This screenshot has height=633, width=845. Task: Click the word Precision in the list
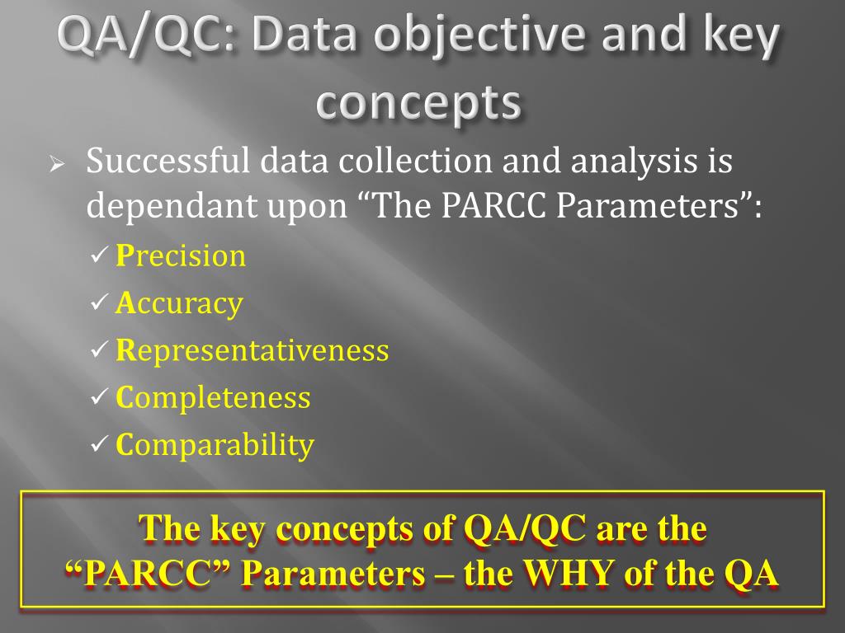tap(181, 256)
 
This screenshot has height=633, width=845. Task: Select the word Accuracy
tap(179, 303)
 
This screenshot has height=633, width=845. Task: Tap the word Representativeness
tap(252, 350)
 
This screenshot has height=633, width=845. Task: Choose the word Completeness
tap(213, 398)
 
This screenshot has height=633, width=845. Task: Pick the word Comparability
tap(215, 446)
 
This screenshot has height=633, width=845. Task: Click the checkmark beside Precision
tap(97, 256)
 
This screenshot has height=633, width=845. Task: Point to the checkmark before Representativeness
tap(97, 351)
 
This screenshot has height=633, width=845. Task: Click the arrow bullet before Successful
tap(56, 163)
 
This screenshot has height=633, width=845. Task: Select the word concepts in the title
tap(419, 104)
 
